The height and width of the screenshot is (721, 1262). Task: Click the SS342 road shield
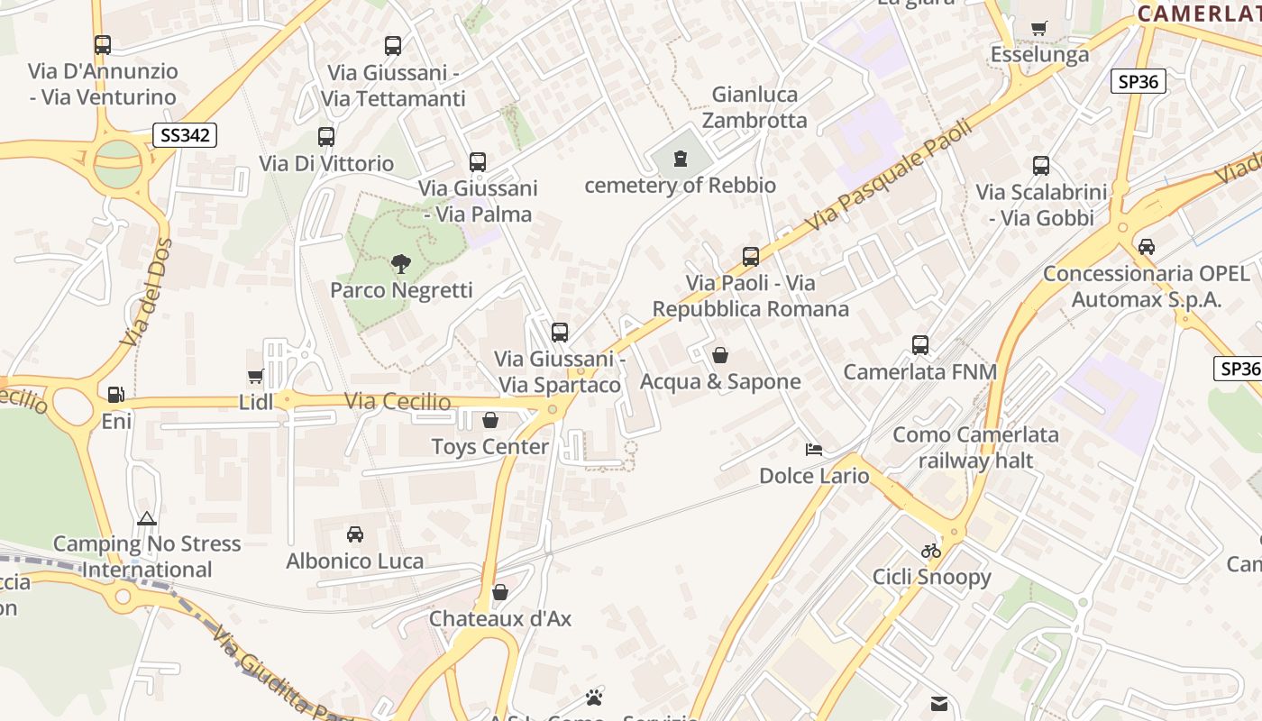[x=185, y=135]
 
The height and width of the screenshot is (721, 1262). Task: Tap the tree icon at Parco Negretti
[x=401, y=264]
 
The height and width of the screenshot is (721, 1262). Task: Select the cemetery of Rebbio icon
[x=681, y=160]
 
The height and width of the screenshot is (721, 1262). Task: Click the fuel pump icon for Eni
[x=115, y=395]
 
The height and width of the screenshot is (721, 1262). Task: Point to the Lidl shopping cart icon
[x=256, y=376]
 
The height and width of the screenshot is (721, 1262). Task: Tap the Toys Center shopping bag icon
[x=490, y=420]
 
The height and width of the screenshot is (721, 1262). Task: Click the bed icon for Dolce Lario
[x=814, y=449]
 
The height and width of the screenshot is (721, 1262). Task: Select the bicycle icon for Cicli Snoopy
[x=931, y=550]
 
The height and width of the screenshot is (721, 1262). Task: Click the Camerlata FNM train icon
[x=920, y=345]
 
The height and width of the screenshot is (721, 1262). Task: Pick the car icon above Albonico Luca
[x=355, y=534]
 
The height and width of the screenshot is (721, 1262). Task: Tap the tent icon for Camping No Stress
[x=147, y=518]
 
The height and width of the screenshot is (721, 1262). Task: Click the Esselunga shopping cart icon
[x=1039, y=28]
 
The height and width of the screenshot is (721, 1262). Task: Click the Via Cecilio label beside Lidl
[x=398, y=402]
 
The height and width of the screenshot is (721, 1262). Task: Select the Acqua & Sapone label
[x=720, y=381]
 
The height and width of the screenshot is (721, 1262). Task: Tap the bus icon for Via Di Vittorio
[x=326, y=137]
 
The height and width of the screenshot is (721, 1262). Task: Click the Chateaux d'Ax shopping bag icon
[x=500, y=592]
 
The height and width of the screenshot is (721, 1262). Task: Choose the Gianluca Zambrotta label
[x=754, y=107]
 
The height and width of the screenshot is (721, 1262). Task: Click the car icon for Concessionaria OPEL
[x=1147, y=246]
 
